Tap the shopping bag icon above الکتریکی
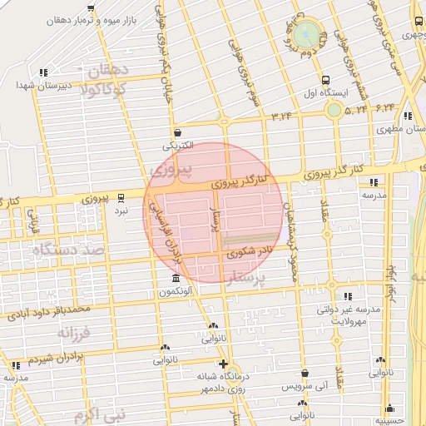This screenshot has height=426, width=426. pyautogui.click(x=177, y=132)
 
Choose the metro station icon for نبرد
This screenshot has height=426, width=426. pyautogui.click(x=122, y=198)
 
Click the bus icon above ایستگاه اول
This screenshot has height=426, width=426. pyautogui.click(x=324, y=81)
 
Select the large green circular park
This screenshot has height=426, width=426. pyautogui.click(x=306, y=36)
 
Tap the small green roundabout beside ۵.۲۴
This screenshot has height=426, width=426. pyautogui.click(x=334, y=109)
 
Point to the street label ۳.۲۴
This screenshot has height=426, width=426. pyautogui.click(x=282, y=116)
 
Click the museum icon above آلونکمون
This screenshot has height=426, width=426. pyautogui.click(x=175, y=279)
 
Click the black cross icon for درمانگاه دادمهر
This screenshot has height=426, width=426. pyautogui.click(x=223, y=364)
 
